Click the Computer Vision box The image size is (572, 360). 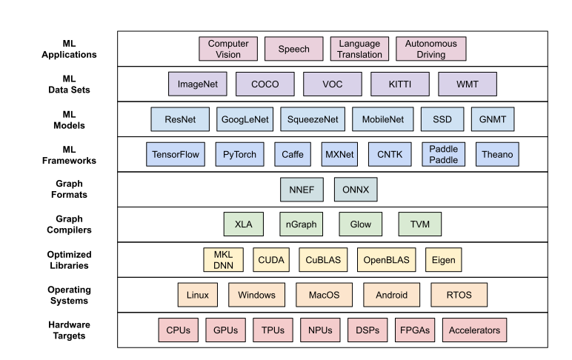coord(228,49)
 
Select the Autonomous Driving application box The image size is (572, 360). coord(431,49)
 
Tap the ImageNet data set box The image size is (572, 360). coord(198,84)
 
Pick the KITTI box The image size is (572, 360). coord(400,84)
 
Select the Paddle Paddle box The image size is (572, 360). coord(445,155)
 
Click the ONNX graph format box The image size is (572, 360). coord(356,190)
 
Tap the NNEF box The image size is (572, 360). coord(302,190)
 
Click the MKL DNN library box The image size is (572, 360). coord(223,260)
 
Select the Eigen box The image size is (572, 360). coord(445,260)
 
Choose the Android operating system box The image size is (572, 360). coord(392,295)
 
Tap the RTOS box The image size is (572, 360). coord(459,295)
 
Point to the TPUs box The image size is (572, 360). coord(273,330)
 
